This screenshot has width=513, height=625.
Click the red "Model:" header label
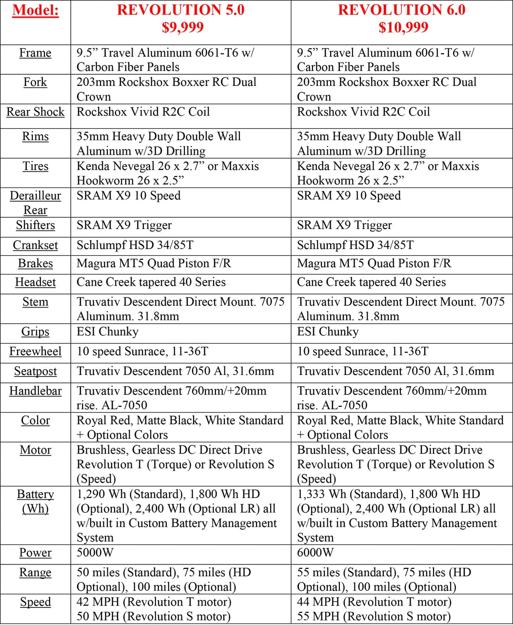pyautogui.click(x=36, y=10)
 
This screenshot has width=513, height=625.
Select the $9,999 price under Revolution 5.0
pyautogui.click(x=182, y=27)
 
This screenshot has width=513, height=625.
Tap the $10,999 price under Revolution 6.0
pyautogui.click(x=403, y=27)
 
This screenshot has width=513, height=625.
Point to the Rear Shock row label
pyautogui.click(x=36, y=112)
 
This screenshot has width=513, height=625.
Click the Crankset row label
pyautogui.click(x=36, y=245)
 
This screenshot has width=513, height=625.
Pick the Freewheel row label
pyautogui.click(x=36, y=352)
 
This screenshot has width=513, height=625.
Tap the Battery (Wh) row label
pyautogui.click(x=36, y=501)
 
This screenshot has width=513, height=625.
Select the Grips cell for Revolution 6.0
pyautogui.click(x=328, y=332)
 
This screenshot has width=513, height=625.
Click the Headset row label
pyautogui.click(x=36, y=282)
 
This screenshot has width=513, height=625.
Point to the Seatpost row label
pyautogui.click(x=36, y=371)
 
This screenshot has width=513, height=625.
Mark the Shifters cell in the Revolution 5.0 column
pyautogui.click(x=124, y=225)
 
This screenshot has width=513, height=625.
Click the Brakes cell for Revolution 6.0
pyautogui.click(x=374, y=264)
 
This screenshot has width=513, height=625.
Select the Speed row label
pyautogui.click(x=36, y=602)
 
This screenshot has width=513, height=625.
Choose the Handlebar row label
pyautogui.click(x=36, y=391)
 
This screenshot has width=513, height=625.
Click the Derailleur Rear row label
pyautogui.click(x=36, y=203)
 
